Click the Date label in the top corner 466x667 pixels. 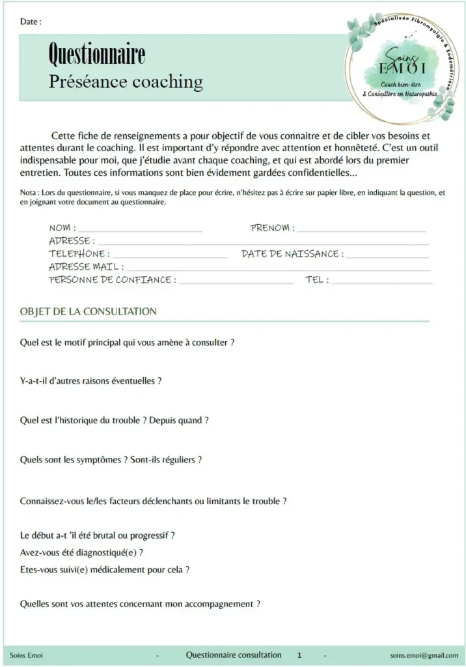[x=30, y=21]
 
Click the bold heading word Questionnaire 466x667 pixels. [x=97, y=55]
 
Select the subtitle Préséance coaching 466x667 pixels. [x=126, y=82]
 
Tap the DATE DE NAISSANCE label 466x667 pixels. [x=291, y=254]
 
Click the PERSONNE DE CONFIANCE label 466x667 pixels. [x=111, y=280]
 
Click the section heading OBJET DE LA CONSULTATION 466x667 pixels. [x=89, y=311]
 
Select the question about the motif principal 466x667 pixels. [x=127, y=342]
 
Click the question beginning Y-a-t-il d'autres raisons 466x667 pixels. [x=90, y=381]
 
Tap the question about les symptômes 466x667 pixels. [x=111, y=460]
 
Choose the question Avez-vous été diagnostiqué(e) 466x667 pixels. [x=81, y=552]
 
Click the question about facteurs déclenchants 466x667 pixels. [x=154, y=502]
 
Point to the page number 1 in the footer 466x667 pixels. [x=299, y=655]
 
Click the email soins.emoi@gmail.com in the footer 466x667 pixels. [x=424, y=655]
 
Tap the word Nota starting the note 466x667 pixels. [x=29, y=193]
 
